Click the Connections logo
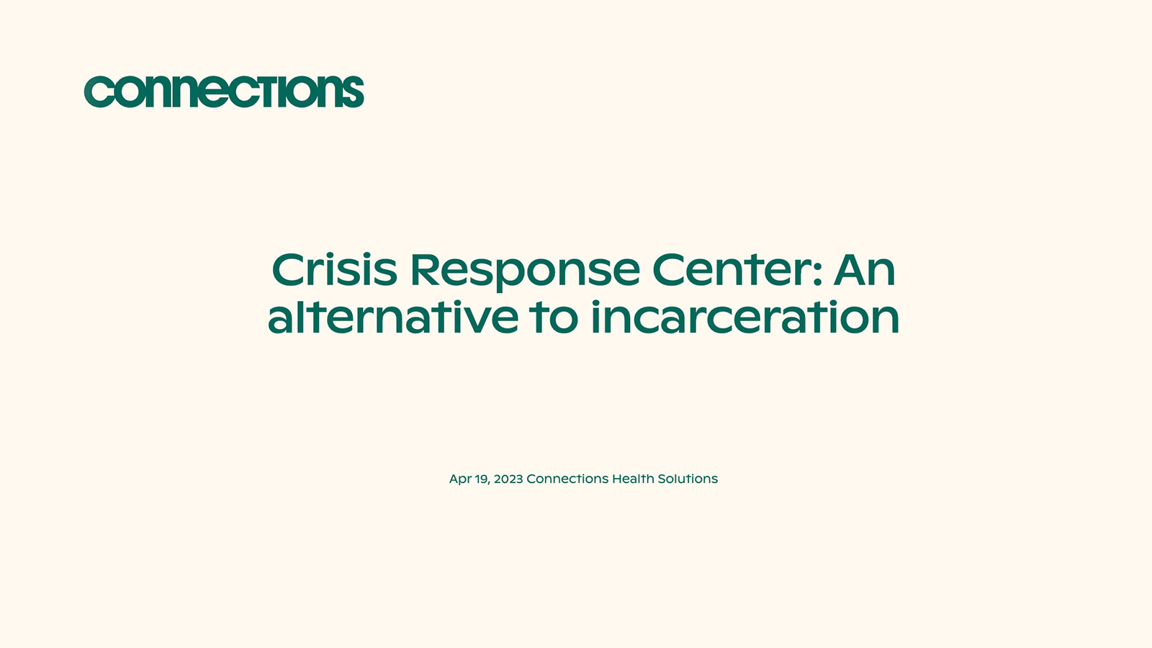click(x=224, y=92)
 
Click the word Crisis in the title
click(x=334, y=270)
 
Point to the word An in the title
click(x=864, y=270)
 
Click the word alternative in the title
click(x=392, y=318)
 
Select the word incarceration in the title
click(x=745, y=318)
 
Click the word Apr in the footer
click(x=460, y=480)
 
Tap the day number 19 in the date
click(x=481, y=479)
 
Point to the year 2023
click(x=508, y=479)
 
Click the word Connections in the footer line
click(x=567, y=479)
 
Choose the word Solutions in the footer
click(x=688, y=479)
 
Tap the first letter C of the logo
click(x=99, y=93)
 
